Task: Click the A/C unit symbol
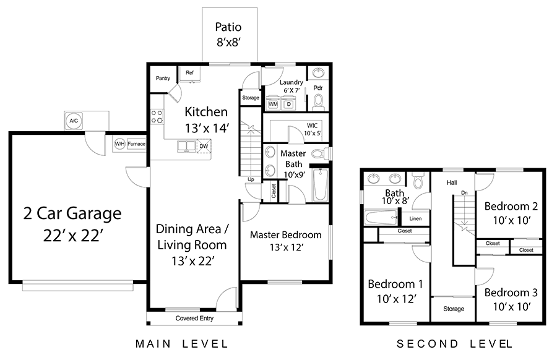pos(74,121)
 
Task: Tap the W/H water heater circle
pos(119,144)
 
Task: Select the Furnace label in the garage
pos(136,144)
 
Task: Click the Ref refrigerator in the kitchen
pos(190,74)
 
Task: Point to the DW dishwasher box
pos(204,146)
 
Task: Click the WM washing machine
pos(273,103)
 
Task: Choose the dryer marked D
pos(289,103)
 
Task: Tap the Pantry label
pos(163,78)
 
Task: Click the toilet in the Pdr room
pos(318,102)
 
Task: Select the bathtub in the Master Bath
pos(321,184)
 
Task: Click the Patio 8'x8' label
pos(228,35)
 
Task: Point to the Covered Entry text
pos(194,318)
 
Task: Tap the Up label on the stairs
pos(251,179)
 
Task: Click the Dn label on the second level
pos(464,192)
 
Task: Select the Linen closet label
pos(415,218)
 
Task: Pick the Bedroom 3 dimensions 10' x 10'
pos(512,306)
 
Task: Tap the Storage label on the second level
pos(454,309)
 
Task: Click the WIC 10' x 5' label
pos(313,129)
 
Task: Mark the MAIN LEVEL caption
pos(181,344)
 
